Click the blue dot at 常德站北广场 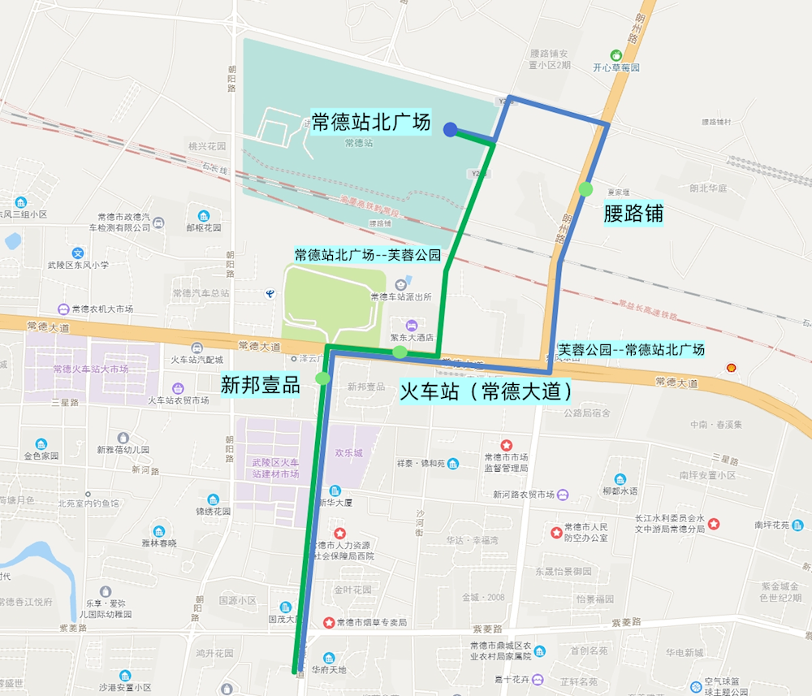coord(449,128)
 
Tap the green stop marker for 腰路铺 coord(586,189)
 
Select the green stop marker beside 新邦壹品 coord(323,378)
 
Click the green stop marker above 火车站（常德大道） coord(400,352)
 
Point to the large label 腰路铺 coord(633,214)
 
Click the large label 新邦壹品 coord(261,385)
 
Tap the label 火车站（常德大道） coord(488,391)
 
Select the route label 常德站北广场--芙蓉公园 coord(367,255)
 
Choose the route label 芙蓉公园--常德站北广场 coord(631,349)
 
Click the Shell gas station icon coord(732,368)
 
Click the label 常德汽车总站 coord(201,293)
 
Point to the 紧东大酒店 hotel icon coord(411,325)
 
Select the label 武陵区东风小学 coord(78,265)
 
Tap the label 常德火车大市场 coord(90,369)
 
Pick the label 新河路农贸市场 coord(524,495)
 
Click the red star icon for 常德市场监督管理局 coord(507,445)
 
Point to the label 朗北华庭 coord(708,188)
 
